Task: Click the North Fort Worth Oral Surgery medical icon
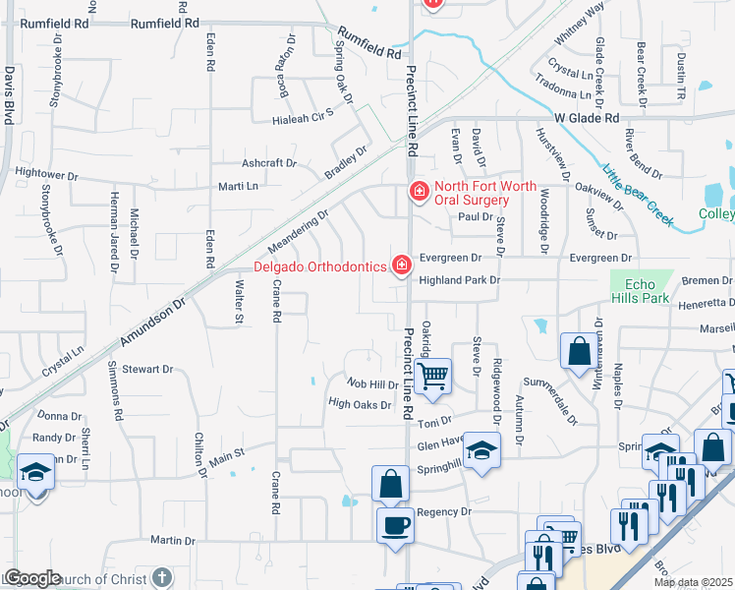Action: [x=419, y=191]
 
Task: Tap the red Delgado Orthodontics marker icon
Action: [x=401, y=265]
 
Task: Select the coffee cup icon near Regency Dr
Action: [x=395, y=525]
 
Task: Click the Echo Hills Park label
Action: [x=640, y=291]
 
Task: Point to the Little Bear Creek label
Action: [x=638, y=194]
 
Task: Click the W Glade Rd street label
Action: [x=587, y=118]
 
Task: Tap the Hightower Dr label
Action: [x=46, y=174]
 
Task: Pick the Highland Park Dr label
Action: [x=460, y=280]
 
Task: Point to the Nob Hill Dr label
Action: [x=372, y=384]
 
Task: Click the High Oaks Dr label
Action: [x=360, y=403]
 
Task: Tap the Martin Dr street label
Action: [x=172, y=540]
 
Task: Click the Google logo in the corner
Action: [x=32, y=578]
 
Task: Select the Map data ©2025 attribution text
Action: [x=692, y=582]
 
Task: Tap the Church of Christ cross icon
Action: [x=162, y=577]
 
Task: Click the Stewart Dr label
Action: [x=147, y=370]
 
